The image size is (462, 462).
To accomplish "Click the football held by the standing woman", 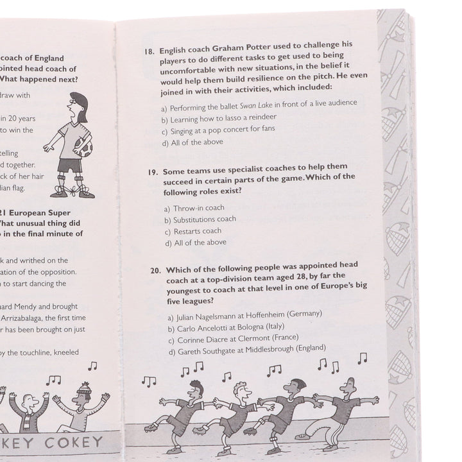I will point(83,149).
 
